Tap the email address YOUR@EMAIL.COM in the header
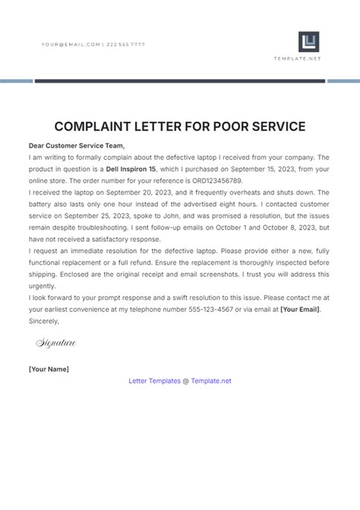coord(71,45)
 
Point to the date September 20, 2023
coord(141,193)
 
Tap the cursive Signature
coord(56,344)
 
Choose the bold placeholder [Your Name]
coord(49,369)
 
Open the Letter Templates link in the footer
coord(155,380)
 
